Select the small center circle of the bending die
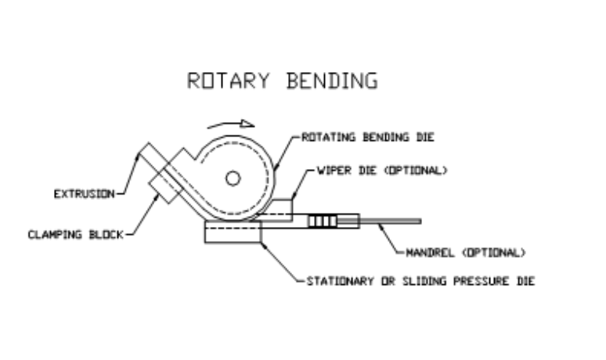pyautogui.click(x=232, y=178)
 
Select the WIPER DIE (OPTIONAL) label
pyautogui.click(x=382, y=170)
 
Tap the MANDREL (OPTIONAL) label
pyautogui.click(x=466, y=252)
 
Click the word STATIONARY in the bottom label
pyautogui.click(x=337, y=281)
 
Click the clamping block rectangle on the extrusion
pyautogui.click(x=166, y=184)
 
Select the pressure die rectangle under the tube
pyautogui.click(x=232, y=232)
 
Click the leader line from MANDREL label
pyautogui.click(x=391, y=239)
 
